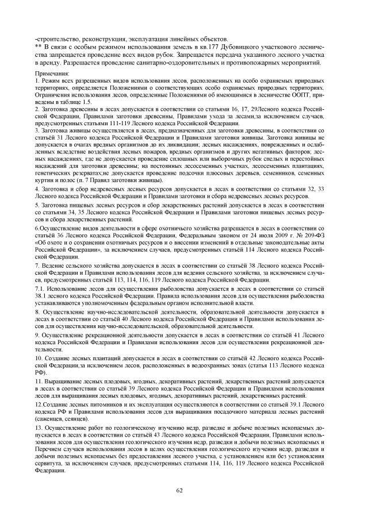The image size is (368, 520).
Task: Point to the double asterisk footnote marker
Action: pos(39,44)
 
